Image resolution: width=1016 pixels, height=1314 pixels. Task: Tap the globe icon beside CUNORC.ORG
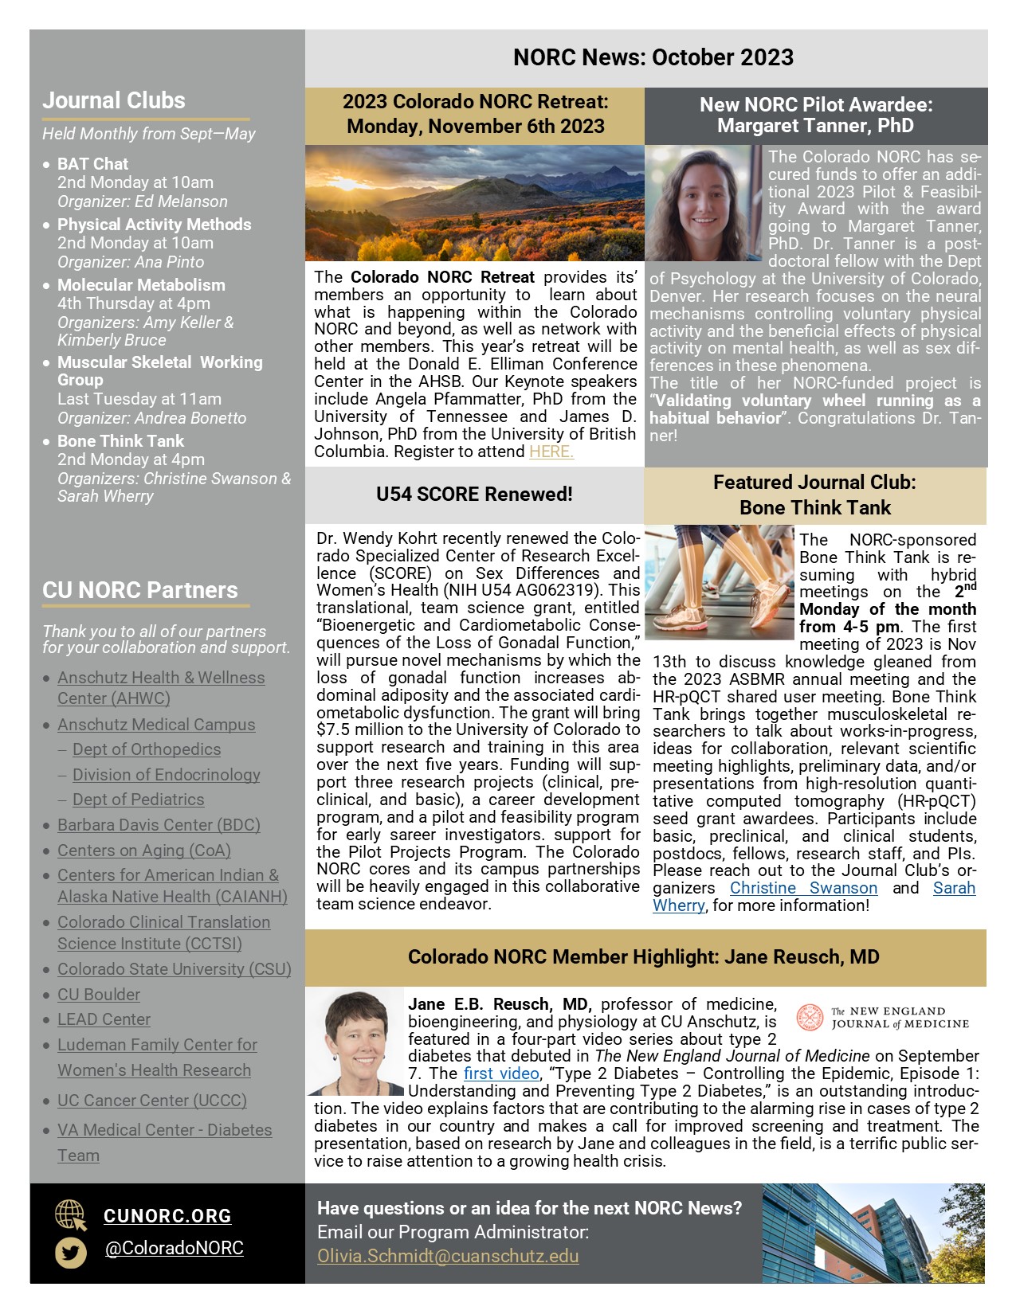click(70, 1215)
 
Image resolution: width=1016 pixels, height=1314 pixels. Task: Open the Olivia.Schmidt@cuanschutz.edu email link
click(448, 1256)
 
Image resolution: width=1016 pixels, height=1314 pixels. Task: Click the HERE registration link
click(551, 452)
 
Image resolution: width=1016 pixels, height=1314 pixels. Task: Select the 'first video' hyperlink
click(501, 1073)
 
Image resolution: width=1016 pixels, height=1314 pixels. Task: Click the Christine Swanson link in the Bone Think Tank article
click(803, 888)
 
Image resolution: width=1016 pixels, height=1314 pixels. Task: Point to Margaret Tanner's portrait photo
click(703, 205)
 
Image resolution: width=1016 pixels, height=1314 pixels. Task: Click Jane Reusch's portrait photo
click(356, 1042)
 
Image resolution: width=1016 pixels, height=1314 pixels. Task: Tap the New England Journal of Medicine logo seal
click(810, 1017)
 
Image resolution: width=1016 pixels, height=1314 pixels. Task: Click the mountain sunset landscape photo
click(474, 203)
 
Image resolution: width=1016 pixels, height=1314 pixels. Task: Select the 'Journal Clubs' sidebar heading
click(114, 100)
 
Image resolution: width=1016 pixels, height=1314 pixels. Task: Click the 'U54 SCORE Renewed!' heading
click(474, 495)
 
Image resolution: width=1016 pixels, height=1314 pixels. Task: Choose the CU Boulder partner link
click(99, 995)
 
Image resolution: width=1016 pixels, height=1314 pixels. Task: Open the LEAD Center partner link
click(104, 1019)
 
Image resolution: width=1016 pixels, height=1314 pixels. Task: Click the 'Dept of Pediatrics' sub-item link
click(138, 800)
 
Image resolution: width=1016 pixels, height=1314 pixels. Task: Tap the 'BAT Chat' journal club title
click(92, 164)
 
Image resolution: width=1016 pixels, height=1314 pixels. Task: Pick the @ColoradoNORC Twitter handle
click(175, 1248)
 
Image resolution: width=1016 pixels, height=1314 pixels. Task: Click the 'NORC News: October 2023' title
click(653, 57)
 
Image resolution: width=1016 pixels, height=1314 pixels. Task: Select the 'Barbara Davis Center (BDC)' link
click(159, 825)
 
